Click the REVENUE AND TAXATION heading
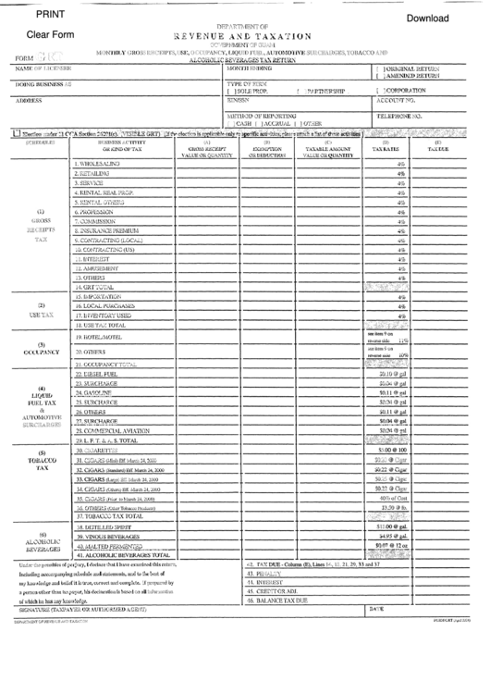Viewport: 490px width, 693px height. [245, 33]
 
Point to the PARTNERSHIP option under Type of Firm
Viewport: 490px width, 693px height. [324, 92]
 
